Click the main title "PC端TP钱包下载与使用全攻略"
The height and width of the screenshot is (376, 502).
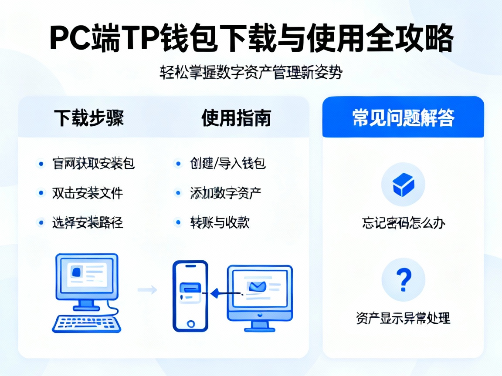pos(251,39)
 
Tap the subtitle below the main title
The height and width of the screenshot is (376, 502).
pos(251,73)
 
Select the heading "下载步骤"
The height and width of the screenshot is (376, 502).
pos(89,118)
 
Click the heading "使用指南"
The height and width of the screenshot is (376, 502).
pos(236,118)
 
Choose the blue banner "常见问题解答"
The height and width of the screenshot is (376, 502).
pos(403,118)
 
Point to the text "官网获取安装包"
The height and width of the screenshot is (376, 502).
pos(93,164)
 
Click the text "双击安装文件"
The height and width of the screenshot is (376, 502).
pos(87,192)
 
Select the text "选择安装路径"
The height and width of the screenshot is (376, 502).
pos(88,222)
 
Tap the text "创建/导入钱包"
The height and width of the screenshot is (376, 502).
pos(227,164)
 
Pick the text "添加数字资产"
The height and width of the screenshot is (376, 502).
pos(225,192)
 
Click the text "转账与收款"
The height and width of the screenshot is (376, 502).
pos(219,222)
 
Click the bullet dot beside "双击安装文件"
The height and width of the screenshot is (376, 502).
pos(41,192)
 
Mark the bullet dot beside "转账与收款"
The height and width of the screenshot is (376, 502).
pos(178,222)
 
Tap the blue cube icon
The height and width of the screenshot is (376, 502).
pos(403,185)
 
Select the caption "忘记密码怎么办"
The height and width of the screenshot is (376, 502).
pos(403,223)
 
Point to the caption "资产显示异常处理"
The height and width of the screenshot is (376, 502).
pos(403,318)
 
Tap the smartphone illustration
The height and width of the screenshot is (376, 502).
pos(190,296)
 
